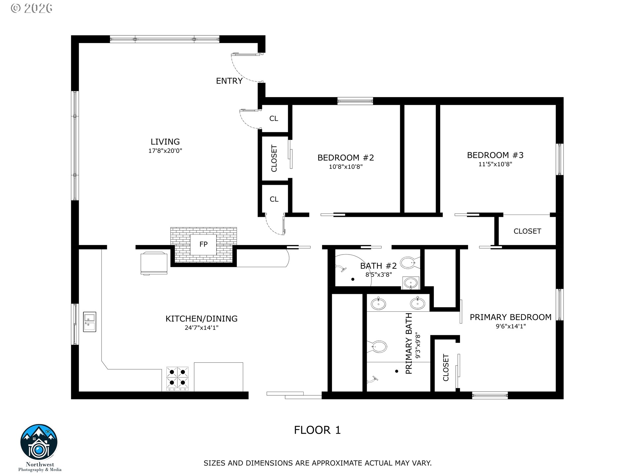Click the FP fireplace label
coord(203,244)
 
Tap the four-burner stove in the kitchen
coord(177,378)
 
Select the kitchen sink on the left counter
coord(90,322)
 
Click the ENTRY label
coord(229,81)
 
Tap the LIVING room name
coord(165,142)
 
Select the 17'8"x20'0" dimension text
coord(165,151)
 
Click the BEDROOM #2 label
coord(346,158)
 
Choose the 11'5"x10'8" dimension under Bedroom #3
coord(495,164)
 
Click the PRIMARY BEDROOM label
coord(511,317)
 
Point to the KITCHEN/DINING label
coord(201,319)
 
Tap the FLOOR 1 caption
coord(317,430)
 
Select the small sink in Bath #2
coord(411,283)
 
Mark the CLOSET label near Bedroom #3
coord(527,231)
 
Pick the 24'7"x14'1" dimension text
coord(201,328)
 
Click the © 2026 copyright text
coord(32,8)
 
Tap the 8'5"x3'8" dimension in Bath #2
coord(379,274)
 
